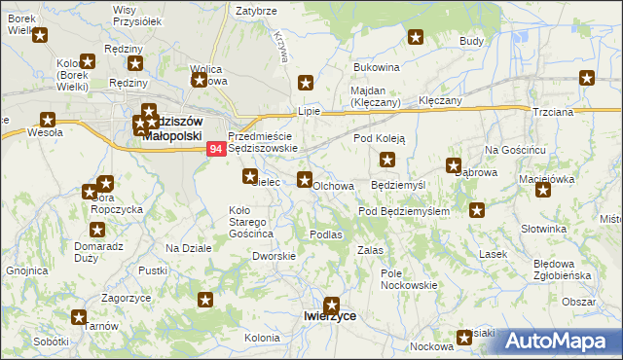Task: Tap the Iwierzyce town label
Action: point(329,316)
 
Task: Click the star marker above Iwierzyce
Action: point(333,304)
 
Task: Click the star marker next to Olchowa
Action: point(305,179)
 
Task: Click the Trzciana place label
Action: point(551,111)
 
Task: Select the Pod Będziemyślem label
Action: point(404,211)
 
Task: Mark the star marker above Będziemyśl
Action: point(388,160)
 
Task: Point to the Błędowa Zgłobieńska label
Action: point(563,270)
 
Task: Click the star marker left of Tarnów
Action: point(79,316)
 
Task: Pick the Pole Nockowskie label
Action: point(409,279)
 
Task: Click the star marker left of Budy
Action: point(416,38)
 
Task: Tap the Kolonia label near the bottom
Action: point(262,338)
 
